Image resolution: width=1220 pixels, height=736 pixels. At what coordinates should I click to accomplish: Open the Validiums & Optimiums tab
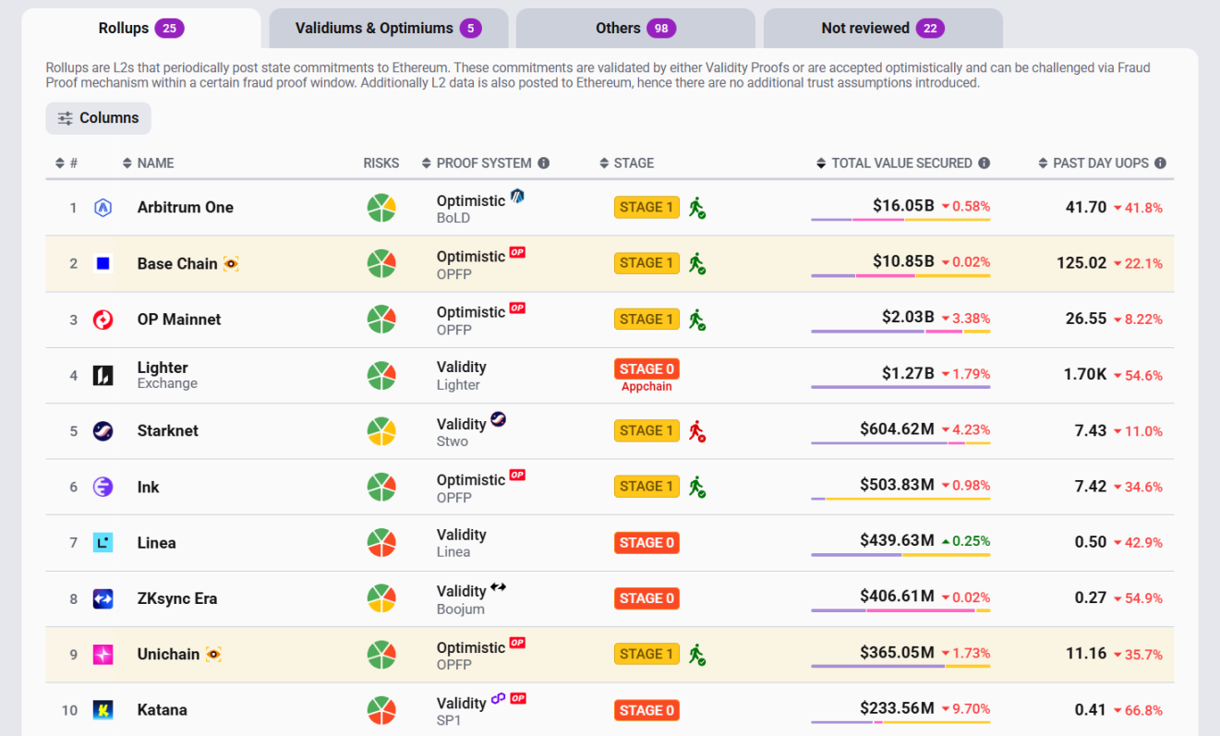click(x=388, y=29)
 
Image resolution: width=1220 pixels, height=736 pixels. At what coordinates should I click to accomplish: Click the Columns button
click(x=99, y=118)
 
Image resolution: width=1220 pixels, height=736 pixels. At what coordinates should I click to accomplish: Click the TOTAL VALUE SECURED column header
click(x=901, y=163)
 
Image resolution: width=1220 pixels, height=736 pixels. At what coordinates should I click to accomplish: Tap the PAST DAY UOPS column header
click(x=1100, y=163)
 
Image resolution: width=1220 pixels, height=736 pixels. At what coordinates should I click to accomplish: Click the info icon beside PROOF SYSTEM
click(x=544, y=163)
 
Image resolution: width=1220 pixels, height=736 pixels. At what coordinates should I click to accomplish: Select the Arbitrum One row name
click(x=185, y=208)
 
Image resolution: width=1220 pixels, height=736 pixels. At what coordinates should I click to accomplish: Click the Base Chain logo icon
click(x=103, y=264)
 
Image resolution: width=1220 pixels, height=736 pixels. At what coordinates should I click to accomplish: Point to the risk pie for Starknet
click(x=381, y=431)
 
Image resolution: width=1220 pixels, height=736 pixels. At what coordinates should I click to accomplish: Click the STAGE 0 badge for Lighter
click(x=646, y=369)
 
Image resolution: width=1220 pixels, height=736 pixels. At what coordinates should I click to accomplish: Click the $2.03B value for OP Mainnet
click(x=908, y=318)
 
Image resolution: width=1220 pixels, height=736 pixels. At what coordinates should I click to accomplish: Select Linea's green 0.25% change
click(x=965, y=541)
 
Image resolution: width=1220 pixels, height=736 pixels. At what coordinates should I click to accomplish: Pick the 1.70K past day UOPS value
click(x=1084, y=375)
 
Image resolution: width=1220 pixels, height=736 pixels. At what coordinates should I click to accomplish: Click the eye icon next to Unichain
click(x=213, y=655)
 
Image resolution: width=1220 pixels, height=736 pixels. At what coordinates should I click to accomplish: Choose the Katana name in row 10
click(x=162, y=710)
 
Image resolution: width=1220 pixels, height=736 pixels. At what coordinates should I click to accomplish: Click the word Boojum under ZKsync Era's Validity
click(x=460, y=609)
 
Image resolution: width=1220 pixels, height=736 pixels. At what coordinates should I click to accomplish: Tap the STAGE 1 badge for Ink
click(x=646, y=487)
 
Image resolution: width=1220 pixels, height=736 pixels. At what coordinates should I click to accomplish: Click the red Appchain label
click(x=646, y=387)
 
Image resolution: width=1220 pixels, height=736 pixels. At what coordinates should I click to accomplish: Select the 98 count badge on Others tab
click(x=661, y=29)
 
